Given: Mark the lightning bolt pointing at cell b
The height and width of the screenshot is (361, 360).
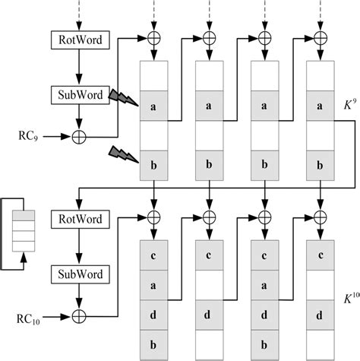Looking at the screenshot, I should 121,154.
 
